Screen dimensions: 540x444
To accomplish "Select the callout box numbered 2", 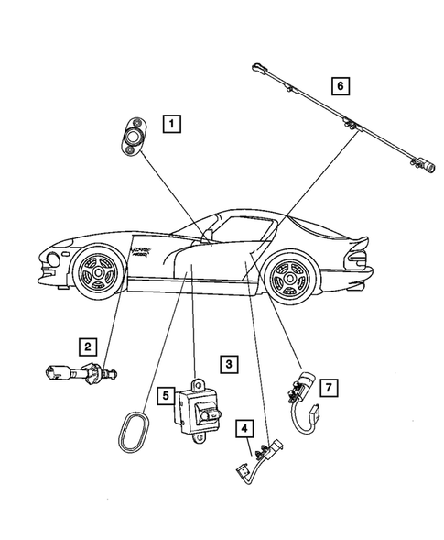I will (87, 346).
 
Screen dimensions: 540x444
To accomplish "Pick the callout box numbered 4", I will (246, 427).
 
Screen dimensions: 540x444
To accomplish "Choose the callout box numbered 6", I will (340, 87).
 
